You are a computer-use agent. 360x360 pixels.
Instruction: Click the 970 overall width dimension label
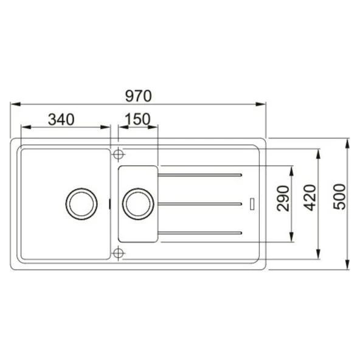click(x=138, y=95)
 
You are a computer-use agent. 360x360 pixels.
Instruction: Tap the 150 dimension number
click(x=138, y=119)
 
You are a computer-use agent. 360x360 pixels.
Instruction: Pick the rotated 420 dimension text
click(x=310, y=198)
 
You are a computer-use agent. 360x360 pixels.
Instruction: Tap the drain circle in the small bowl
click(x=137, y=202)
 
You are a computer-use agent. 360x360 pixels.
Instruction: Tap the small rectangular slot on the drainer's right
click(x=253, y=202)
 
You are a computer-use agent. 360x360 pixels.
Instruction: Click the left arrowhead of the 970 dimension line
click(x=13, y=104)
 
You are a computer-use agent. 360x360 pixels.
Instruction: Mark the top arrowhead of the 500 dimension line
click(x=347, y=142)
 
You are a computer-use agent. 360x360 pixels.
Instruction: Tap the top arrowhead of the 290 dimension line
click(x=294, y=167)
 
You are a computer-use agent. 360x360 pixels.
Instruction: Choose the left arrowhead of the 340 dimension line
click(x=24, y=128)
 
